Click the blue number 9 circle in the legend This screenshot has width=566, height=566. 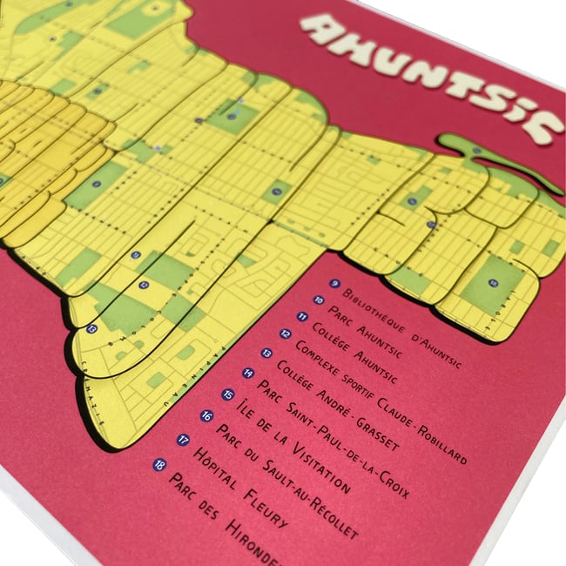click(x=334, y=283)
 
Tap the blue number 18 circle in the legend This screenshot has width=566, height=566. click(x=158, y=464)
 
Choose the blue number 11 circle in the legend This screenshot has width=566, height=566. click(x=302, y=315)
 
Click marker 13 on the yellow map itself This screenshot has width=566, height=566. click(x=91, y=329)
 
